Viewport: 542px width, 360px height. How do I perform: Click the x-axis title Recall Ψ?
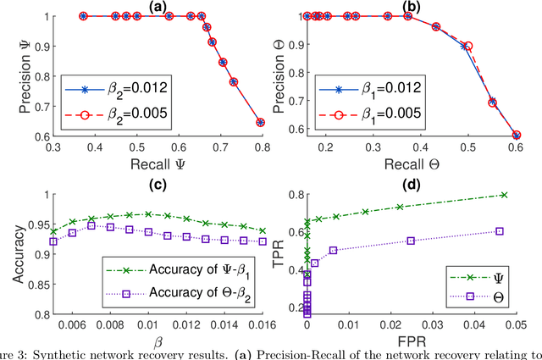156,161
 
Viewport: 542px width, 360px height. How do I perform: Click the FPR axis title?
415,341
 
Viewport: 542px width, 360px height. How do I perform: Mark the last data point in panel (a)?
260,122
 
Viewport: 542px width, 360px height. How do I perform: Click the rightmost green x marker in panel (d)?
504,195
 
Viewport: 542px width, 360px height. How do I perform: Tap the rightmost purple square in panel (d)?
499,231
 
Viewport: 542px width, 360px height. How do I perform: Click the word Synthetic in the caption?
63,355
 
